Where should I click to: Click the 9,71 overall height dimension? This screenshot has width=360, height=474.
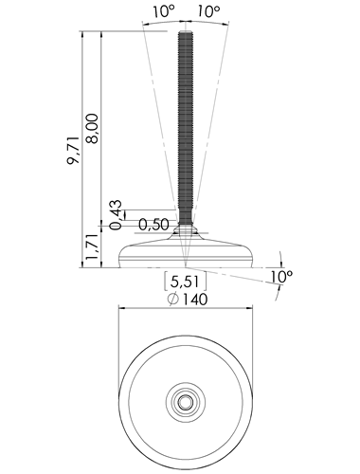[x=73, y=151]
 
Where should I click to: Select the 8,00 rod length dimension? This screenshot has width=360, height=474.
[x=93, y=129]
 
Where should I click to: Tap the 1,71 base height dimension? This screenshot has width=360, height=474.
[x=93, y=246]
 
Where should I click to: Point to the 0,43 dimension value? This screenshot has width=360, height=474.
[x=116, y=215]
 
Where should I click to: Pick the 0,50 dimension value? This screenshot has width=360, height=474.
[x=154, y=225]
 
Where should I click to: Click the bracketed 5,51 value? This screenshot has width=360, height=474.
[x=186, y=281]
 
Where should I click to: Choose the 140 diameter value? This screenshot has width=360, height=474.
[x=195, y=300]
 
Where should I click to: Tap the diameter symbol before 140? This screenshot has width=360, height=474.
[x=173, y=300]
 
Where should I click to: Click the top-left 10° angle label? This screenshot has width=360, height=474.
[x=164, y=11]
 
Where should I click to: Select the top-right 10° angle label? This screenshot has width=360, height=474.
[x=208, y=11]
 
